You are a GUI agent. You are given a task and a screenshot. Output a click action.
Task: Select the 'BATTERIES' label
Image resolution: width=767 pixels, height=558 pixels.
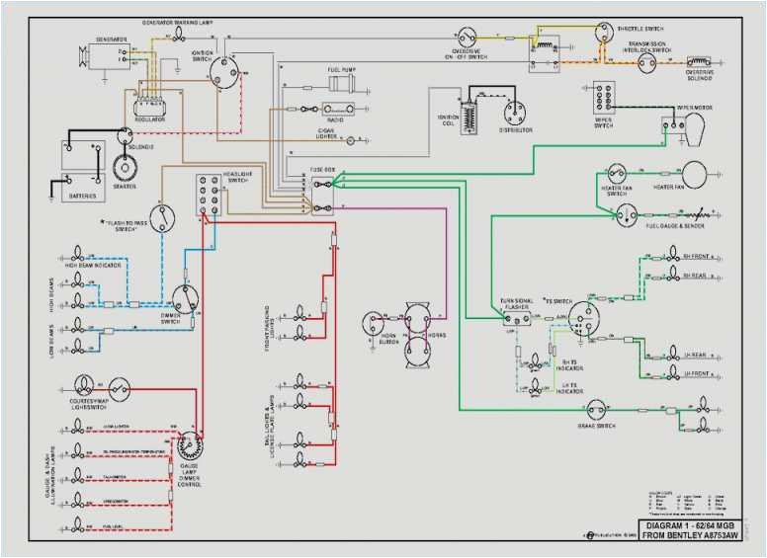click(83, 196)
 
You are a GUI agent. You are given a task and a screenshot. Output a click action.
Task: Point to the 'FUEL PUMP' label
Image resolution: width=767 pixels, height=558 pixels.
click(341, 70)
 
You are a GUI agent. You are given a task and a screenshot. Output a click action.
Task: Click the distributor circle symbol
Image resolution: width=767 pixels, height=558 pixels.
click(514, 111)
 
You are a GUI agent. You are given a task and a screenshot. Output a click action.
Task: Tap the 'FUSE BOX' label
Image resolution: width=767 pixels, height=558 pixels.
click(323, 170)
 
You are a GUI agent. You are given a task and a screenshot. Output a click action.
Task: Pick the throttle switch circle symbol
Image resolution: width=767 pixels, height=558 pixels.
click(603, 31)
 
